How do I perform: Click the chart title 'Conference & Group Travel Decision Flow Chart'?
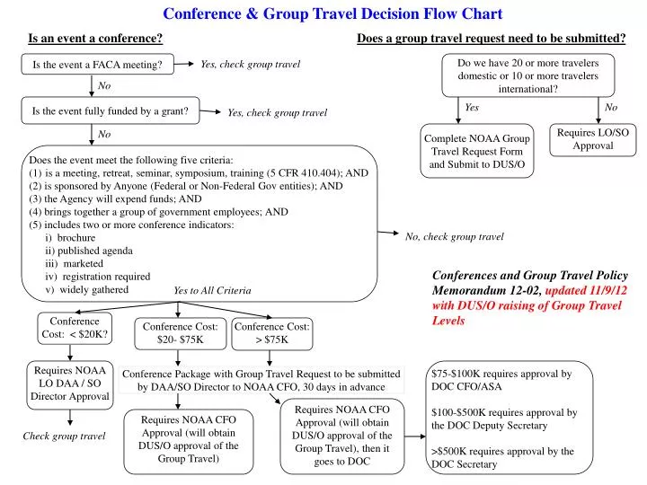(332, 13)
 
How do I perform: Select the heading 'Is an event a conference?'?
(95, 39)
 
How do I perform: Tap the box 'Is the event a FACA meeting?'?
(97, 65)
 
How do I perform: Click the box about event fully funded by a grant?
(110, 111)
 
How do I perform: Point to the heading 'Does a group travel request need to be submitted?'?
(492, 39)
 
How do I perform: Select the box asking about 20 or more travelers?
(527, 75)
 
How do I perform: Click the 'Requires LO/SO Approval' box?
(592, 139)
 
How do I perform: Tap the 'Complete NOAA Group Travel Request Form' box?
(476, 152)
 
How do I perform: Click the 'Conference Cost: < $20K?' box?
(75, 328)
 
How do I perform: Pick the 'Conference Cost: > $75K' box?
(272, 333)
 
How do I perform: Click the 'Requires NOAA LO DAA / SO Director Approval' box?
(69, 384)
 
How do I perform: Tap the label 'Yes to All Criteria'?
(212, 291)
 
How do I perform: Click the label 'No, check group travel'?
(454, 237)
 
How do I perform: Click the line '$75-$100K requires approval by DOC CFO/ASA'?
(501, 380)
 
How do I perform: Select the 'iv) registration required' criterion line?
(97, 277)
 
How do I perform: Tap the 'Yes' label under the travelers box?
(472, 108)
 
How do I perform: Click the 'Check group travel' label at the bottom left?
(64, 436)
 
